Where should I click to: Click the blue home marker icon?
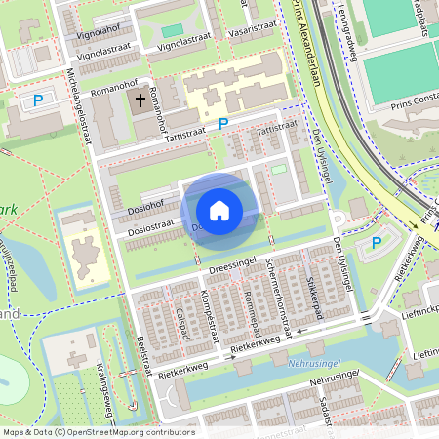click(x=219, y=210)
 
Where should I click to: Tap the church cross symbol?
click(x=140, y=100)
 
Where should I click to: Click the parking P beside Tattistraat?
click(x=223, y=125)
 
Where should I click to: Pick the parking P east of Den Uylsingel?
click(x=376, y=242)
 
